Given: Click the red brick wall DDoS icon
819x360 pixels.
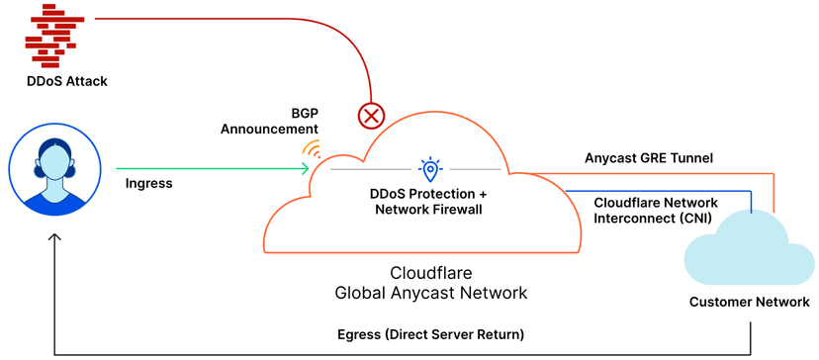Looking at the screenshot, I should pyautogui.click(x=53, y=34).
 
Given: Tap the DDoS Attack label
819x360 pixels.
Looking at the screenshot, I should pyautogui.click(x=66, y=80).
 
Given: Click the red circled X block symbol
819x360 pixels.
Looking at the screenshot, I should pyautogui.click(x=371, y=116).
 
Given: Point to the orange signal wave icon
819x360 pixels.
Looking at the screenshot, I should pyautogui.click(x=312, y=150).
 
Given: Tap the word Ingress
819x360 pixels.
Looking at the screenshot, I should pyautogui.click(x=149, y=183).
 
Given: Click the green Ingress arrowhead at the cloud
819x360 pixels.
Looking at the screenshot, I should pyautogui.click(x=305, y=167).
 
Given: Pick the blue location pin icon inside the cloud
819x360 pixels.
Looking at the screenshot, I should pyautogui.click(x=429, y=168).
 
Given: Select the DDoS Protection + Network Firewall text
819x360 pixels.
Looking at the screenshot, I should pyautogui.click(x=429, y=201).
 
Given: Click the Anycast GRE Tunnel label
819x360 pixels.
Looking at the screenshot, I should pyautogui.click(x=649, y=157).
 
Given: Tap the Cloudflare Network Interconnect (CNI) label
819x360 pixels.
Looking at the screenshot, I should pyautogui.click(x=656, y=209).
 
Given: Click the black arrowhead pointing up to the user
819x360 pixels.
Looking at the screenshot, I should pyautogui.click(x=55, y=238).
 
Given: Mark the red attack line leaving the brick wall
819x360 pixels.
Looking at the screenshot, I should pyautogui.click(x=198, y=19).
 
